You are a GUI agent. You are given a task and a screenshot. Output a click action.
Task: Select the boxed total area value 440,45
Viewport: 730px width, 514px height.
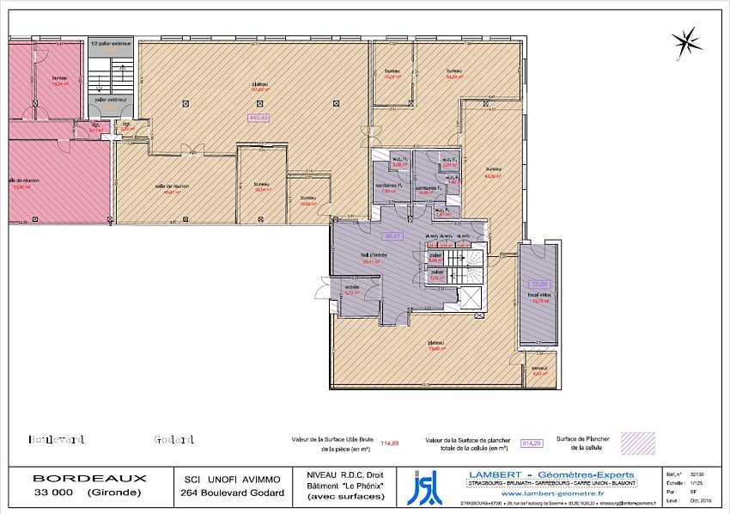point(259,118)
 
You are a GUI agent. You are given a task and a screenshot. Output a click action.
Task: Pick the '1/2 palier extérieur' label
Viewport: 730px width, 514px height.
point(111,42)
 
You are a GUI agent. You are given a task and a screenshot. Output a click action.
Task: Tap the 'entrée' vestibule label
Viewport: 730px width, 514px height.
point(352,287)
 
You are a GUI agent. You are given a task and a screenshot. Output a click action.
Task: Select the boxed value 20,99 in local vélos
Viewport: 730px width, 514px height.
point(539,284)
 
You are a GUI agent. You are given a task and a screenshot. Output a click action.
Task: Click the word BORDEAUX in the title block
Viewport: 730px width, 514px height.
point(89,478)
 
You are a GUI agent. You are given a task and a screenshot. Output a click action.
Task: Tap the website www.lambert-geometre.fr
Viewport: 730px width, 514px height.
point(550,494)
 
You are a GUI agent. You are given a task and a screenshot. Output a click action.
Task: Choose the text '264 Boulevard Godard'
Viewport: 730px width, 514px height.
point(232,493)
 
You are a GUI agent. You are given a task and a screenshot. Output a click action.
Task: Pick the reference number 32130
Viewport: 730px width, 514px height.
point(697,474)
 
